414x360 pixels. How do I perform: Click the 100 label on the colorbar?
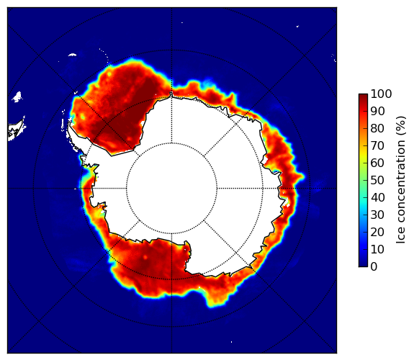[x=381, y=94]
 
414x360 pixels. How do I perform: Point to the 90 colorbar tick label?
[x=377, y=111]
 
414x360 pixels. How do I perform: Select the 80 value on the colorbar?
[x=377, y=128]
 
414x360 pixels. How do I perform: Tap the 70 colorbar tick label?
[x=377, y=145]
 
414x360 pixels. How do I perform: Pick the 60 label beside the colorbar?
[x=377, y=163]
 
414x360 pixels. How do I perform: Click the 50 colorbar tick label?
[x=377, y=181]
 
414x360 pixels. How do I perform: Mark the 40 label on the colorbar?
[x=377, y=197]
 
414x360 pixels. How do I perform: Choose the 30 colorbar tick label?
[x=377, y=215]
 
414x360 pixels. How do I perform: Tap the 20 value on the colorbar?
[x=377, y=232]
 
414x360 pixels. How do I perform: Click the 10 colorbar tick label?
[x=377, y=249]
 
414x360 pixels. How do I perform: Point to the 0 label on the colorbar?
[x=374, y=267]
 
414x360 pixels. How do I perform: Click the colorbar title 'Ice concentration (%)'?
[x=401, y=180]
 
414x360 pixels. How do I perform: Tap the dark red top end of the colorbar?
[x=363, y=95]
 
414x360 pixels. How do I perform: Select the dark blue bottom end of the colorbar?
[x=363, y=265]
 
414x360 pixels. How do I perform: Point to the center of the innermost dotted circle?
[x=171, y=189]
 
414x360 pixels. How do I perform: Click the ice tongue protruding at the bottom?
[x=215, y=299]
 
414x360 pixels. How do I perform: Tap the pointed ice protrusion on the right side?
[x=300, y=176]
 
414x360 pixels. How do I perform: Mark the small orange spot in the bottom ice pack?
[x=145, y=257]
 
